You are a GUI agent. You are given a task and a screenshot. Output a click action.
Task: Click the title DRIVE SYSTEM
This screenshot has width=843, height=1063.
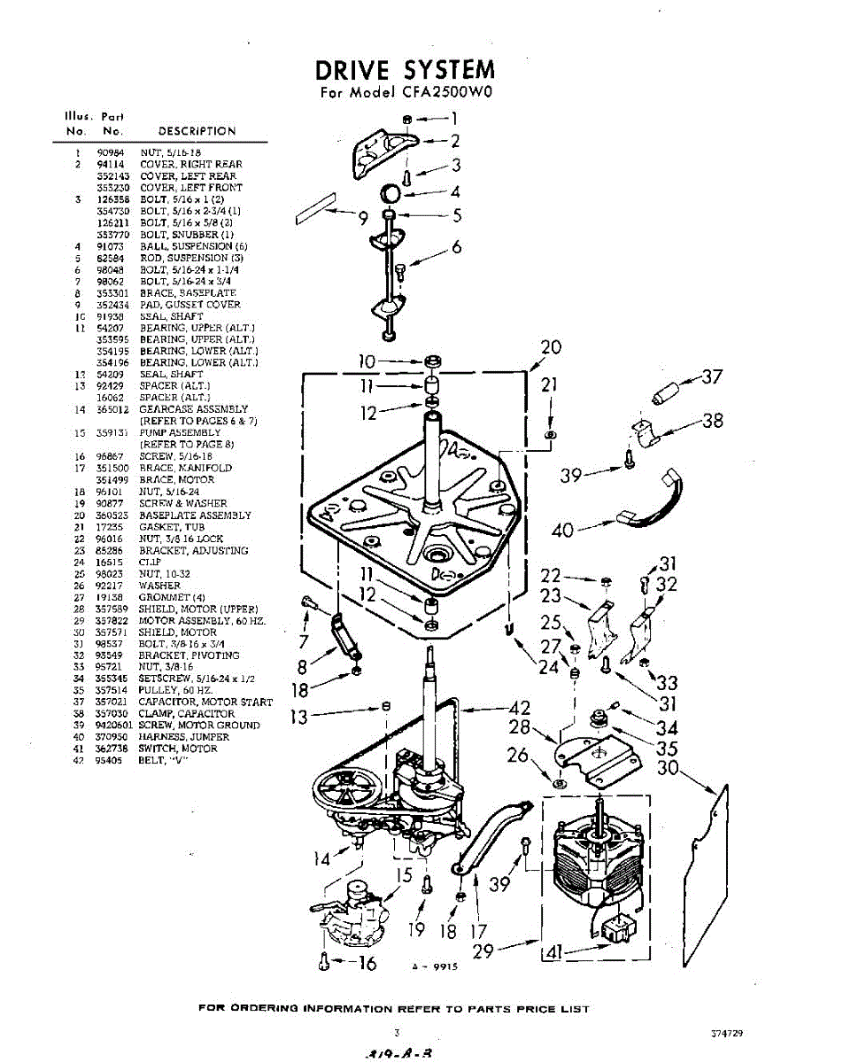pos(406,70)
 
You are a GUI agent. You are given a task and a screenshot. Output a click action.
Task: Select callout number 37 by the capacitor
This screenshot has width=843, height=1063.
pos(711,377)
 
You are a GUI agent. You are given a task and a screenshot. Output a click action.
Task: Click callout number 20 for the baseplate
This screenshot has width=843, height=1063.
pos(550,348)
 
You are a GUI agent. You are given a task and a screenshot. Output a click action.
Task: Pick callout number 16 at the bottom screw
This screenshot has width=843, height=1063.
pos(366,963)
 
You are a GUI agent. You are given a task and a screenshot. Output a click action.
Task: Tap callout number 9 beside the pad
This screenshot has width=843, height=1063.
pos(362,221)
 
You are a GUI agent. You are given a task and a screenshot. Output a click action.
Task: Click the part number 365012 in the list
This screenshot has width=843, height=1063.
pos(111,409)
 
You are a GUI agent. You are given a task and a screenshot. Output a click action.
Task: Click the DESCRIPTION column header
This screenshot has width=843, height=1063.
pos(197,131)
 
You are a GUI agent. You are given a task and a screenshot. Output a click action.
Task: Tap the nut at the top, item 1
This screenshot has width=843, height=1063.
pos(405,118)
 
